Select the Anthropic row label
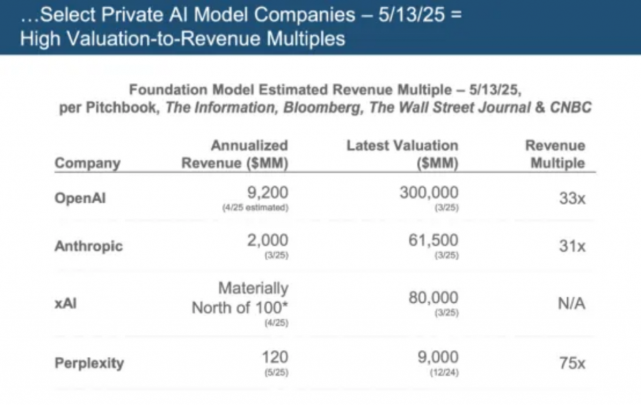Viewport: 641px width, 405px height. [89, 246]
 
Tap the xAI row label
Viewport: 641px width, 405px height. [66, 303]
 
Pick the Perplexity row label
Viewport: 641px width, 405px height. [89, 363]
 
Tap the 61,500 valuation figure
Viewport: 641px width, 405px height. [433, 240]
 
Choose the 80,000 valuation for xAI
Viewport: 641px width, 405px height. [433, 297]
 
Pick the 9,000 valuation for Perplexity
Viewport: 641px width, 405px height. [437, 357]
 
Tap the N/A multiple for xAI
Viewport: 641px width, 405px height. [570, 304]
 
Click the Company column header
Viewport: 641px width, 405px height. [87, 164]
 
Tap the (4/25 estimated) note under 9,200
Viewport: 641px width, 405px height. [255, 208]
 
